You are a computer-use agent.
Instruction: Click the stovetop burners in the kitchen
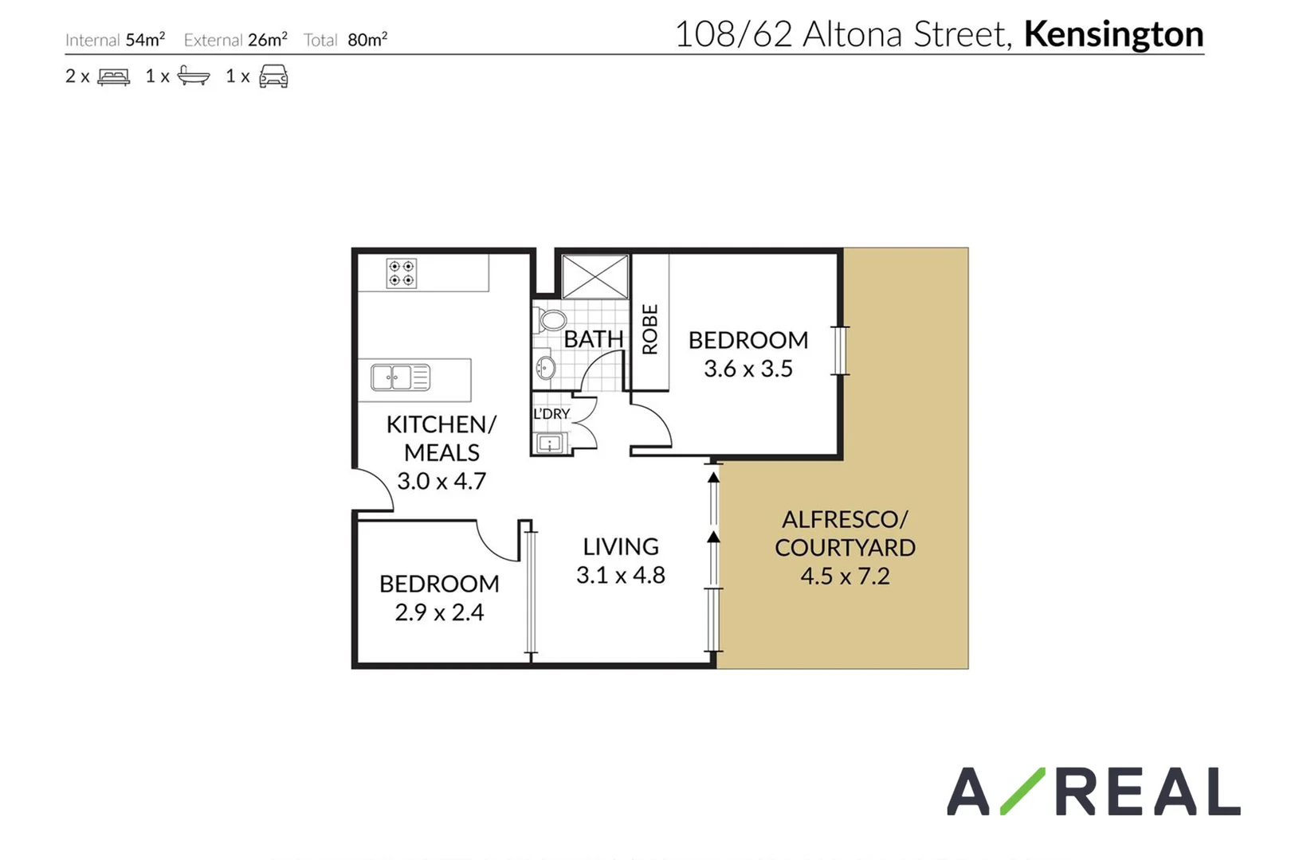401,273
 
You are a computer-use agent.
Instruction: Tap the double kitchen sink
401,377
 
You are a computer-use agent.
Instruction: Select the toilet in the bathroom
551,320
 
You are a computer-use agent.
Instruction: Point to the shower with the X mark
595,277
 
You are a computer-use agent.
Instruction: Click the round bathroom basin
546,368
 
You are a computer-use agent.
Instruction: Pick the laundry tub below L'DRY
550,443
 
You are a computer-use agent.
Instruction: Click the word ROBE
650,329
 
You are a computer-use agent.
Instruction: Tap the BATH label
593,339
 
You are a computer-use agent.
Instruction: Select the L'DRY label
551,414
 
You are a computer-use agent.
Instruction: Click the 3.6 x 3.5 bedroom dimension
748,369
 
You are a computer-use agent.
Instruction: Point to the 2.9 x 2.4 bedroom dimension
439,612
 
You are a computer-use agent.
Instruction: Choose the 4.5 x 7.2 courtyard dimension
845,576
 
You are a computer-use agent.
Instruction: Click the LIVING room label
620,547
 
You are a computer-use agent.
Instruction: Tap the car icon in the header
273,76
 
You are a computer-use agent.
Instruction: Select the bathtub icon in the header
194,76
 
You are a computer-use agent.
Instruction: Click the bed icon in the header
113,76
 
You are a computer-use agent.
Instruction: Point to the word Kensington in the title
1113,34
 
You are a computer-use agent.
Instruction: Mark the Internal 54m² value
145,40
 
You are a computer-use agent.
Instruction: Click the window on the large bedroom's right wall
839,350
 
